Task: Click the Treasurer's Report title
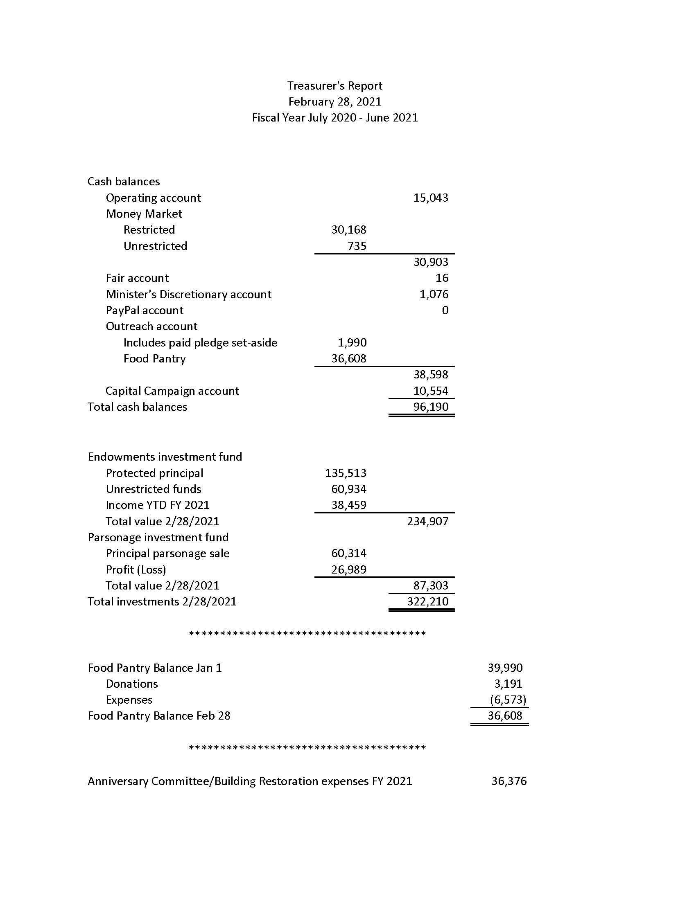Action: click(x=334, y=86)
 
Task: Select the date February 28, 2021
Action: click(x=334, y=102)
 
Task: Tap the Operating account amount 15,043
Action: click(x=430, y=198)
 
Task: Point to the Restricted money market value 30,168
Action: click(x=348, y=230)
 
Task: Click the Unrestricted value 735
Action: click(x=357, y=246)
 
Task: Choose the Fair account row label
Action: click(x=137, y=278)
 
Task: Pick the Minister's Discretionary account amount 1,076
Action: click(x=434, y=294)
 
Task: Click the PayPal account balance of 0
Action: click(x=445, y=310)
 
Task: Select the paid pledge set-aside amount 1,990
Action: click(x=352, y=342)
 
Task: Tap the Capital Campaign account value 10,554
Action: click(x=430, y=391)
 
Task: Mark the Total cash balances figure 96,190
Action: click(x=430, y=407)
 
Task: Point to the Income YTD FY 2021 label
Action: click(x=158, y=505)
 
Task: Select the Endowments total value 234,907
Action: click(x=427, y=521)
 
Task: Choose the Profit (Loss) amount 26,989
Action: click(x=348, y=569)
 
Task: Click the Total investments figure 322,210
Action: click(x=427, y=602)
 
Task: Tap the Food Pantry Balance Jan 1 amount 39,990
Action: click(x=505, y=668)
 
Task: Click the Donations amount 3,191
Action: click(x=508, y=684)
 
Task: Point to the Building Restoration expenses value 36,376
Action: click(x=508, y=781)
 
